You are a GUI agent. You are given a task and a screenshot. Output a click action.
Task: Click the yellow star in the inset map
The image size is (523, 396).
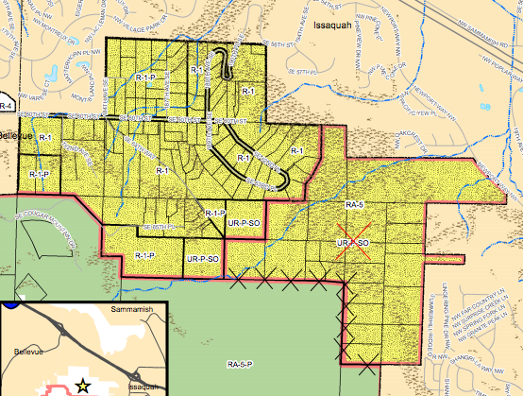[83, 384]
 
